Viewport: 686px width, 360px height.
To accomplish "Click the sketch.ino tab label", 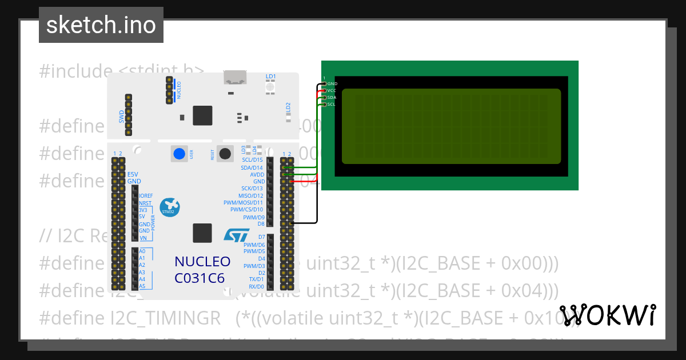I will pyautogui.click(x=101, y=25).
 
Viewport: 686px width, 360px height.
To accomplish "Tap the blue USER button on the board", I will pyautogui.click(x=180, y=153).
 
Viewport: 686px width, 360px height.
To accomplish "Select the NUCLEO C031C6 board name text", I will pyautogui.click(x=202, y=270).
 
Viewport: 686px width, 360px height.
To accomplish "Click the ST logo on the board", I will pyautogui.click(x=236, y=235).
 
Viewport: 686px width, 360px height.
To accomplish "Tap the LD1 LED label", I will pyautogui.click(x=270, y=76).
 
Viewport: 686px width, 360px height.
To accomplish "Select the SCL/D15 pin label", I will pyautogui.click(x=252, y=160).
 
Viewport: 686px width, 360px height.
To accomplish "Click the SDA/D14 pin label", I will pyautogui.click(x=252, y=167).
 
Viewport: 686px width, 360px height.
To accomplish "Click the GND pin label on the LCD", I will pyautogui.click(x=332, y=84).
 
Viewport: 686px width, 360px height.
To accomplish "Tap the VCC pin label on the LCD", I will pyautogui.click(x=332, y=91).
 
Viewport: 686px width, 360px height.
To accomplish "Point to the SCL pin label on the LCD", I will pyautogui.click(x=331, y=104).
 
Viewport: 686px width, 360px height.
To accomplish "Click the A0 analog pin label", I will pyautogui.click(x=142, y=251).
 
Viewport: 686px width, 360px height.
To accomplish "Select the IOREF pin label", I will pyautogui.click(x=146, y=195).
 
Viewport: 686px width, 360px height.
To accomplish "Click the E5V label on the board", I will pyautogui.click(x=133, y=174).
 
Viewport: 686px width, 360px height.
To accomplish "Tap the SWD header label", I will pyautogui.click(x=121, y=117).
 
